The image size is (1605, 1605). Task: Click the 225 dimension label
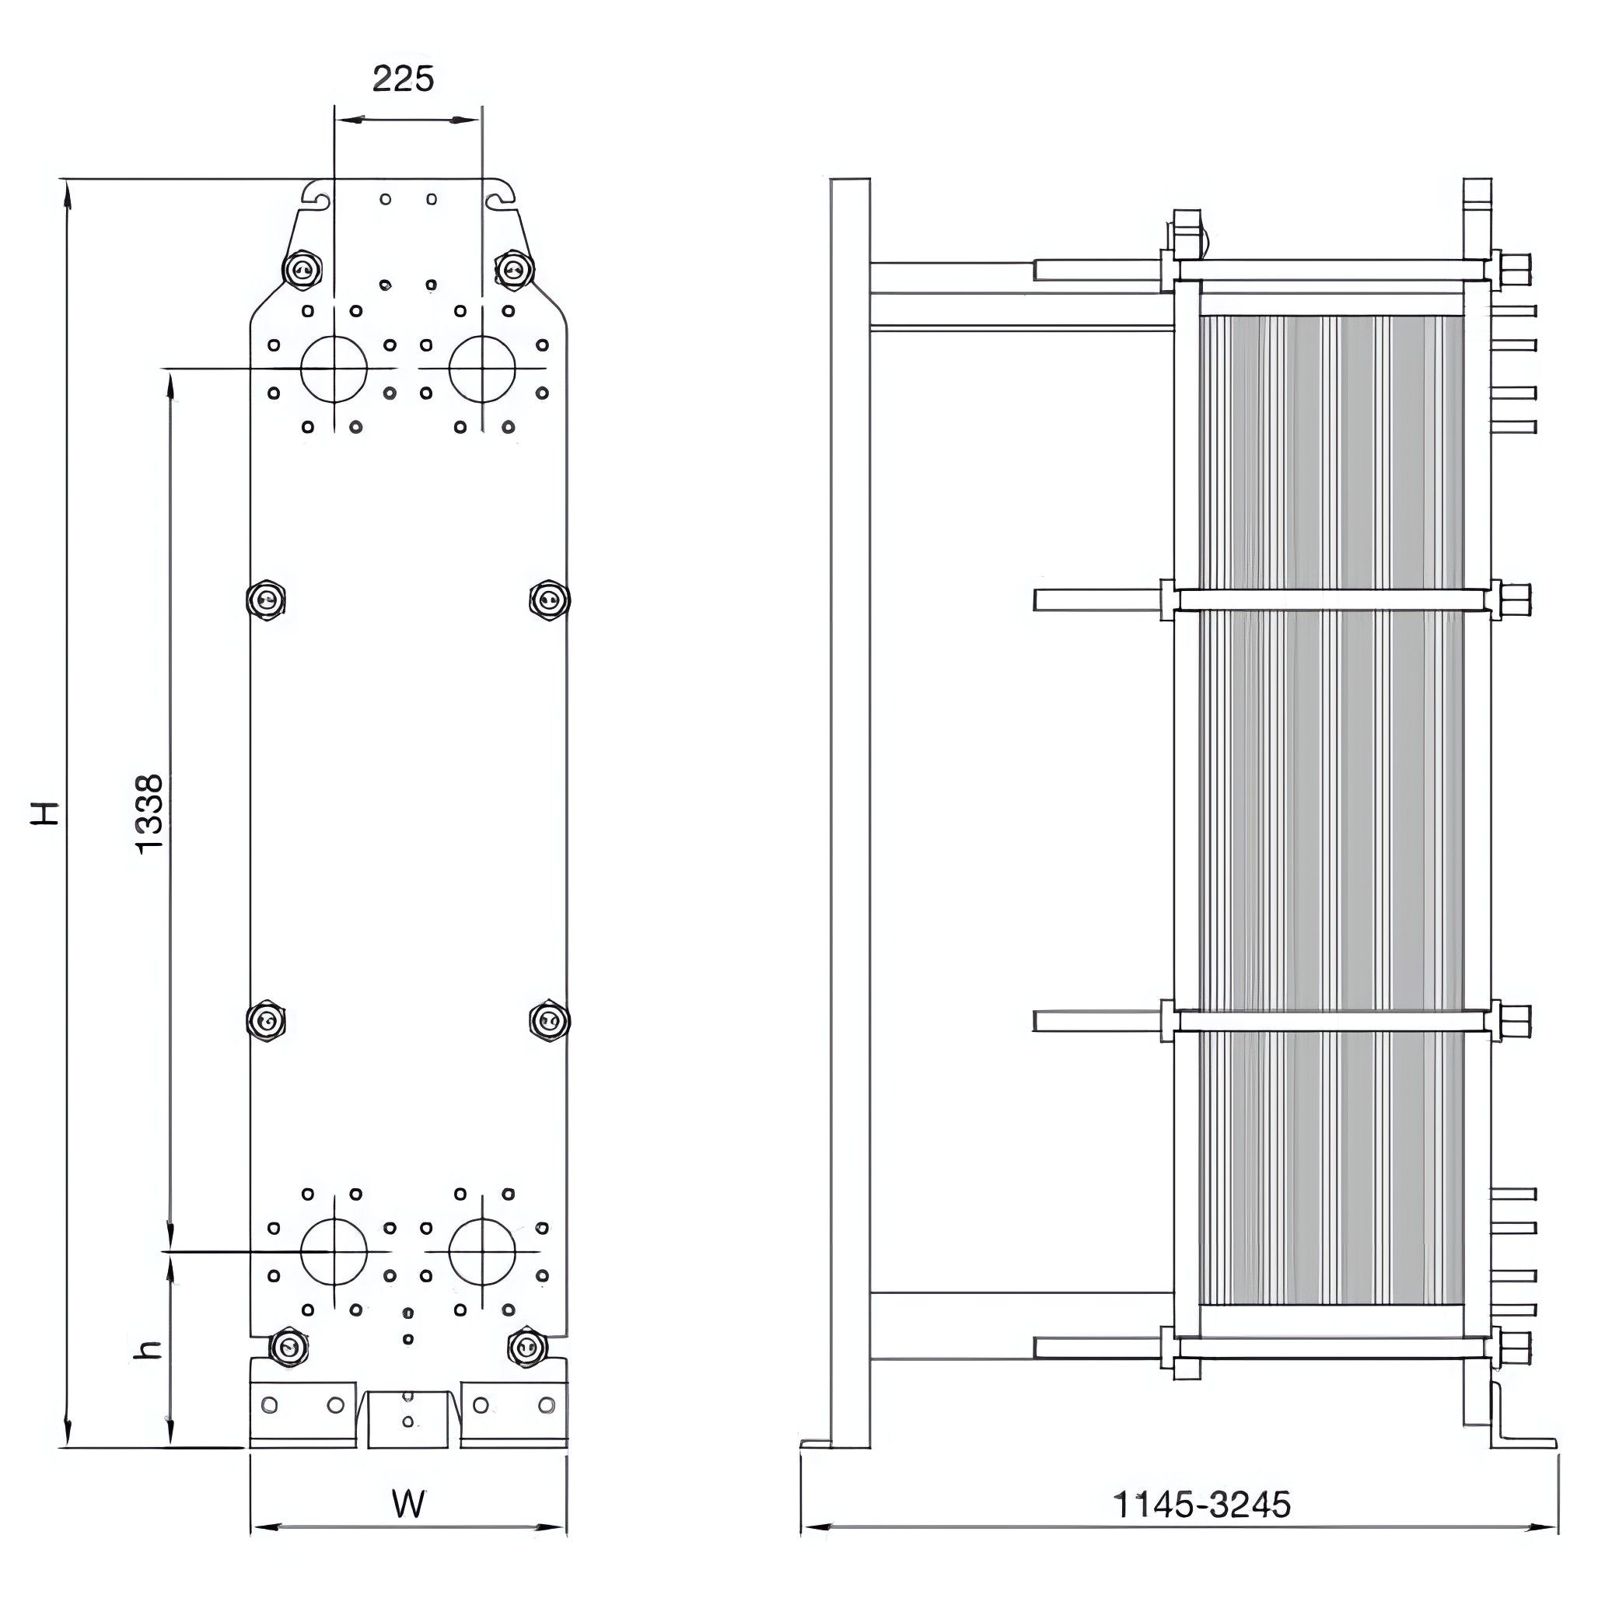tap(403, 79)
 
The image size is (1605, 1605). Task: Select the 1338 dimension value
tap(150, 814)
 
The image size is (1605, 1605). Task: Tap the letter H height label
tap(46, 813)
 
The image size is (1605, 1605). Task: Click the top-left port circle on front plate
tap(333, 368)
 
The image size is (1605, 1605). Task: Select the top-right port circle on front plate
tap(482, 368)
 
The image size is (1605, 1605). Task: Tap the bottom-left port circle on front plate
tap(333, 1251)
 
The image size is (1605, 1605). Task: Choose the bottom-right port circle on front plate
tap(482, 1251)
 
